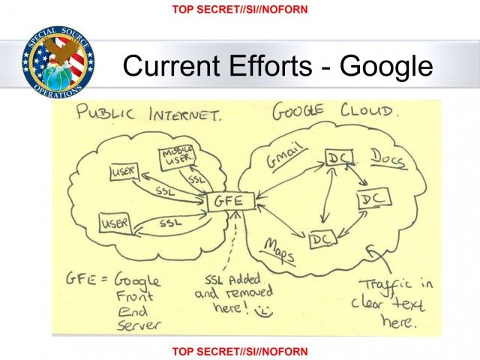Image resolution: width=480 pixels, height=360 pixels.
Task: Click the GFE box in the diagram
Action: pos(231,202)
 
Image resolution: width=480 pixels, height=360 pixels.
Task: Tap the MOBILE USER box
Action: pos(178,157)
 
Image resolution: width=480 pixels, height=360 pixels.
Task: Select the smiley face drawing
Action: pos(263,310)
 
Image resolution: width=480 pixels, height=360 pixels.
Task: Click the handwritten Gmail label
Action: pos(286,156)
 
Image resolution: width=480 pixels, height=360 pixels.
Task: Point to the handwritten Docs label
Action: pos(389,159)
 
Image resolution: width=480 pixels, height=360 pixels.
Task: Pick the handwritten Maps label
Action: pos(278,251)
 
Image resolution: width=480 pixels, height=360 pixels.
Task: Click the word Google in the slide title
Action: pos(386,66)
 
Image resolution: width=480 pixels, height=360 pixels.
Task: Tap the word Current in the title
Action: pos(171,65)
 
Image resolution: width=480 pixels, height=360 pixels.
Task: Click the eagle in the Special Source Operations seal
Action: pos(63,49)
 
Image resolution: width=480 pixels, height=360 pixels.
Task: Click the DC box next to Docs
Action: pos(340,157)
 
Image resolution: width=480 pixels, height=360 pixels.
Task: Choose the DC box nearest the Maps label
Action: pos(322,238)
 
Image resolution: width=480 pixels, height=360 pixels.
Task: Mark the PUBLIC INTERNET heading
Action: pos(148,113)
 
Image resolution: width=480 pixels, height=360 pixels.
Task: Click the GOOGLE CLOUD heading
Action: pos(335,111)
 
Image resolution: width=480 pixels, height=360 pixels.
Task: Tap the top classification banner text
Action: pos(240,9)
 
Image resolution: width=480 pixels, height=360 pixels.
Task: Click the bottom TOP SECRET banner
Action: pos(240,352)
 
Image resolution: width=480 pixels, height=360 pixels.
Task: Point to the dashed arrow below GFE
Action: pos(231,241)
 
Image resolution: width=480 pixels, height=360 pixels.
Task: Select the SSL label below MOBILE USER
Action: pos(196,179)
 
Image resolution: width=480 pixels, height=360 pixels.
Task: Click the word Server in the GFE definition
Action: pos(138,325)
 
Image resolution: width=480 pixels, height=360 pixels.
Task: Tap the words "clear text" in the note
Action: pos(388,304)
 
